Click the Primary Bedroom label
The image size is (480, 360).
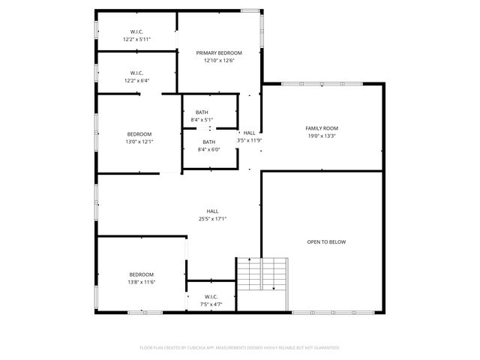click(x=219, y=52)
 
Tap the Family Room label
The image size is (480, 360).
click(x=322, y=128)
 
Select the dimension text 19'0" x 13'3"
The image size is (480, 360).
click(x=322, y=136)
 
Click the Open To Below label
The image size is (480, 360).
click(x=326, y=242)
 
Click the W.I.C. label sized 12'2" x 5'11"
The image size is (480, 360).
click(x=136, y=31)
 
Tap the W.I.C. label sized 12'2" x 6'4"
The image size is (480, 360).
click(x=136, y=73)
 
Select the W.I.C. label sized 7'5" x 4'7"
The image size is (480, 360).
click(x=211, y=296)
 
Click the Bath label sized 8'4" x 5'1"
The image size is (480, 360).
click(x=202, y=112)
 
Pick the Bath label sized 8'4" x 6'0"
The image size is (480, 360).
click(x=208, y=142)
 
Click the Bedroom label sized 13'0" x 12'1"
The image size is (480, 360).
click(x=139, y=134)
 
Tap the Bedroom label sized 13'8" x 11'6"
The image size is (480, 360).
click(x=141, y=274)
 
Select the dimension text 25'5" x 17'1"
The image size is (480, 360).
click(x=213, y=219)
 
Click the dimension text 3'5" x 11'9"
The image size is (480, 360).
click(x=250, y=140)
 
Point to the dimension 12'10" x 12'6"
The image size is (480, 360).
click(x=219, y=61)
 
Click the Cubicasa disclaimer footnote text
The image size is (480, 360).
click(x=240, y=348)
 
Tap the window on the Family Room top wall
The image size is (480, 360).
click(x=322, y=83)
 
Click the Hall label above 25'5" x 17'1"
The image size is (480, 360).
click(x=213, y=211)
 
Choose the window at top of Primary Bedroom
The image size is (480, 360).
click(x=250, y=10)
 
